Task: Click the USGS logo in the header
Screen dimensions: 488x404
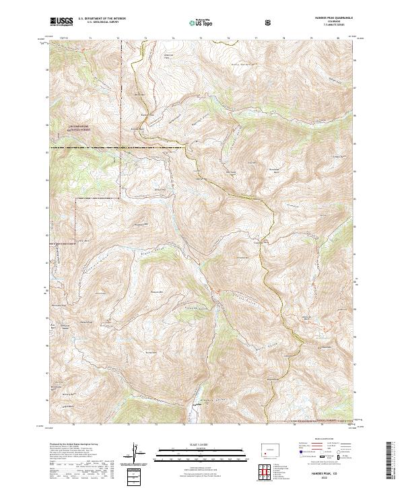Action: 62,22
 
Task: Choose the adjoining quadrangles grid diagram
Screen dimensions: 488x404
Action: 267,469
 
